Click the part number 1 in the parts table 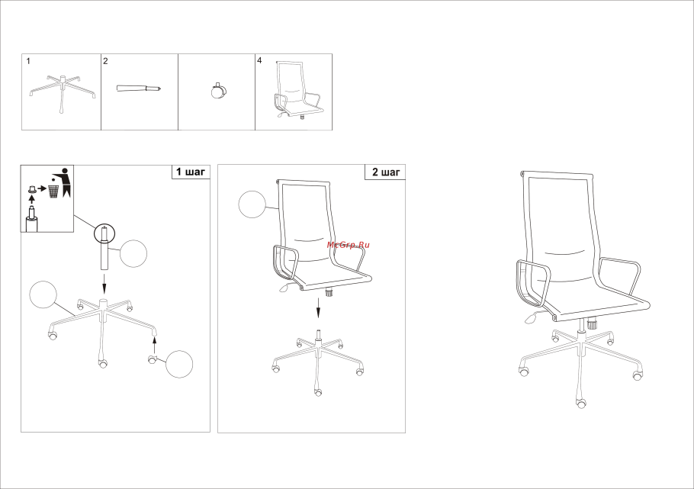point(28,61)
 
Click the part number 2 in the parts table point(105,61)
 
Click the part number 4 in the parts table point(259,61)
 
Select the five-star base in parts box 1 point(63,92)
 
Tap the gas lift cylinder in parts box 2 point(139,88)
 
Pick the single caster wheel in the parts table point(218,91)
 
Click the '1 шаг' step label point(191,172)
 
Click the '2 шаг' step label point(386,172)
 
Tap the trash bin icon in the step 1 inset point(53,191)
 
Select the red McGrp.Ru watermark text point(349,244)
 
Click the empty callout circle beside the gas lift point(133,254)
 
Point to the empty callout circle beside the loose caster point(179,364)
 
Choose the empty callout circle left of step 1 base point(43,294)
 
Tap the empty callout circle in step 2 point(252,204)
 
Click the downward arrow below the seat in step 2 point(318,307)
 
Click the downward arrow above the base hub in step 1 point(104,284)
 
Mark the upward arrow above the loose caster point(154,345)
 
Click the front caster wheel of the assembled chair point(580,403)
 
